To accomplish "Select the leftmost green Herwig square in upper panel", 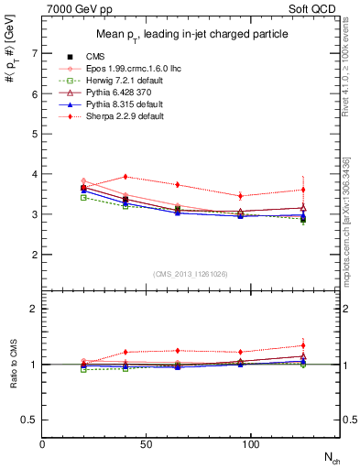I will pyautogui.click(x=84, y=197).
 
